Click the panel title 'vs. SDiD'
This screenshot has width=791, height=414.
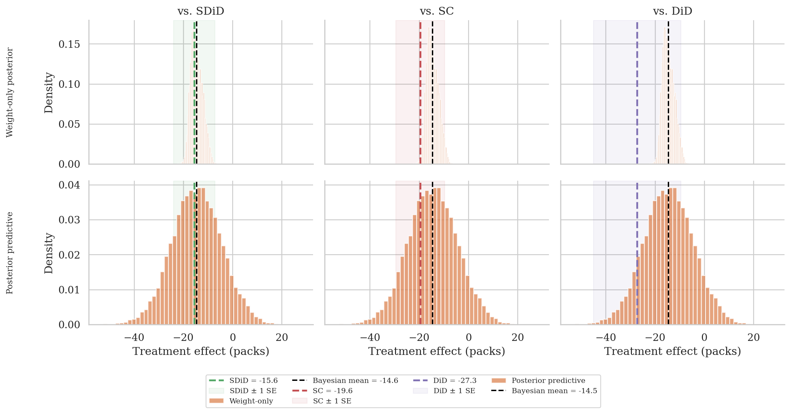pos(201,11)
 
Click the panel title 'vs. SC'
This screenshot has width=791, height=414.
pos(437,11)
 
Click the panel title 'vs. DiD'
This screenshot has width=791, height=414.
pos(673,11)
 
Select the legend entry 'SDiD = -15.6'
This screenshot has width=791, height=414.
pos(253,381)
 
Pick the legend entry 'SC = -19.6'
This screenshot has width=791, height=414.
pos(333,391)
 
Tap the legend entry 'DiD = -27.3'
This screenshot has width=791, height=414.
pos(455,381)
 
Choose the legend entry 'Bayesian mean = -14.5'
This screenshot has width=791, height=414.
pos(554,391)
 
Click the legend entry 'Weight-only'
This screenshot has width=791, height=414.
pos(251,401)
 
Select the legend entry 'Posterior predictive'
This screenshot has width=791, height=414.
pos(548,381)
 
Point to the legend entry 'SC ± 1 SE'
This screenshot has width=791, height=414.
pos(332,401)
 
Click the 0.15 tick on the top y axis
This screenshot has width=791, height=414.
pos(69,44)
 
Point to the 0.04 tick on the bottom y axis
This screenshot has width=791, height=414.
pos(69,185)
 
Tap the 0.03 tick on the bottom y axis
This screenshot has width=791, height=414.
pos(69,220)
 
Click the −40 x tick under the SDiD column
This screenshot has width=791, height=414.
pos(134,337)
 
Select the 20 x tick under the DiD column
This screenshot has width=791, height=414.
pos(753,337)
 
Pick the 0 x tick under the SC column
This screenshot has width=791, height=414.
pos(468,337)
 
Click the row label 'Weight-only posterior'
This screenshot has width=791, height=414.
pos(10,92)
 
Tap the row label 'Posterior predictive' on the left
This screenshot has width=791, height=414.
pos(10,253)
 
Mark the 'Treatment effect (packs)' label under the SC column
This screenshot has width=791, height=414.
pos(437,351)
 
